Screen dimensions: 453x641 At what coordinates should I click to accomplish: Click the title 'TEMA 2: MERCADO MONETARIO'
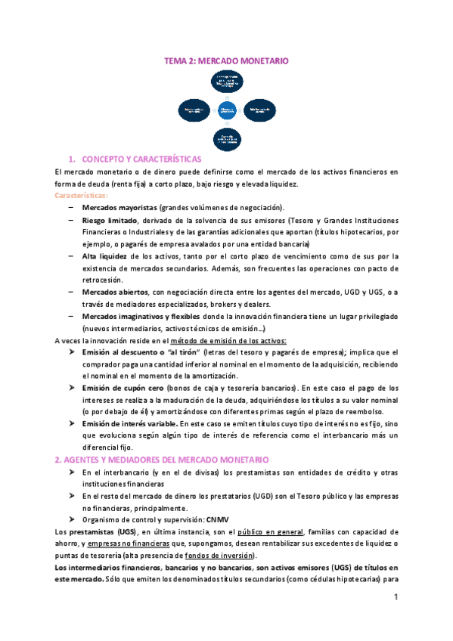click(226, 60)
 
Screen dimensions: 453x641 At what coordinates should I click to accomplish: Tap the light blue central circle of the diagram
click(227, 110)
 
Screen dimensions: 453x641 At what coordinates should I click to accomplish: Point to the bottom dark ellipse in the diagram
click(227, 139)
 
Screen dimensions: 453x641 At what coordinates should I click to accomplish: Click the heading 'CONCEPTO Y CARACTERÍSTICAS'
click(141, 159)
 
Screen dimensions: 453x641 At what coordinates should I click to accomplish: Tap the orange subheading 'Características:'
click(82, 195)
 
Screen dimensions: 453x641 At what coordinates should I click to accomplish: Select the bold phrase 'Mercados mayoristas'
click(119, 207)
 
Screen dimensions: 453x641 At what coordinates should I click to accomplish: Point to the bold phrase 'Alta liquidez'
click(104, 256)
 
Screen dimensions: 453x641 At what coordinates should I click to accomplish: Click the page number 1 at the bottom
click(396, 597)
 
